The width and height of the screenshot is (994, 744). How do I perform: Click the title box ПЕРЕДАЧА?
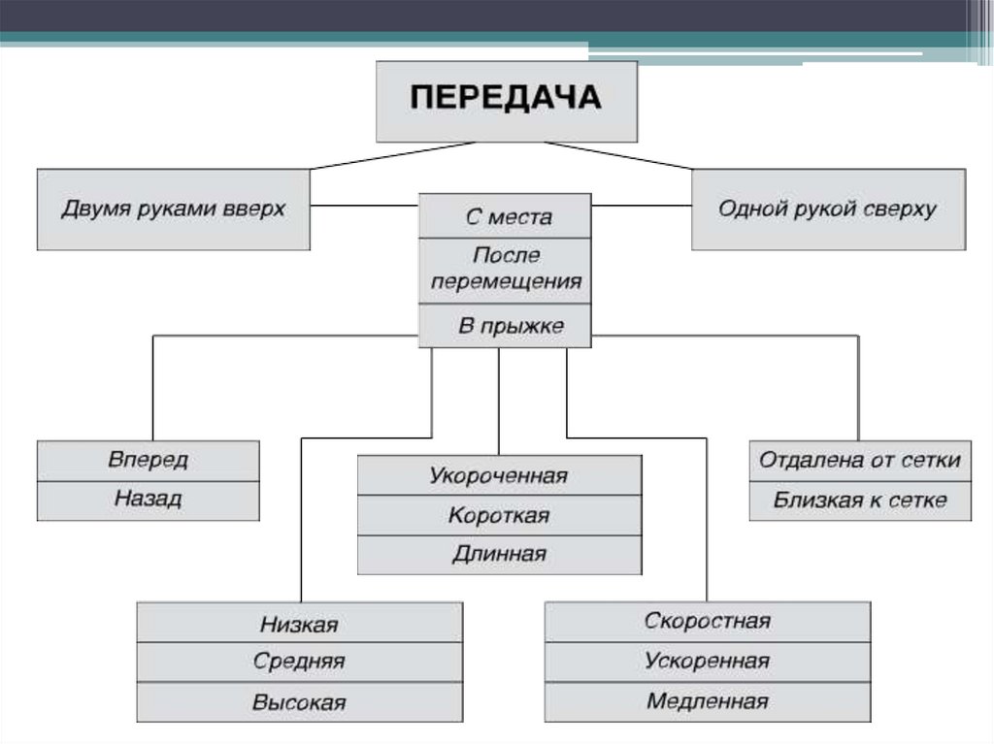[x=506, y=101]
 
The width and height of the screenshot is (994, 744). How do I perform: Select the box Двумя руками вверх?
[x=174, y=210]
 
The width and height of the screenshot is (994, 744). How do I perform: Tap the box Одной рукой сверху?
[x=828, y=210]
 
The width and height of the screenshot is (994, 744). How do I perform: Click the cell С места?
[x=505, y=217]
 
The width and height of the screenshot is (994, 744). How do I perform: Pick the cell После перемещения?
[x=505, y=270]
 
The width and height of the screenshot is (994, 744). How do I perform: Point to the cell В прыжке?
[x=505, y=326]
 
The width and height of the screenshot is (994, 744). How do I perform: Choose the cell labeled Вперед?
[x=149, y=460]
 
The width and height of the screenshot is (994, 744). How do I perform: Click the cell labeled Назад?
[x=149, y=500]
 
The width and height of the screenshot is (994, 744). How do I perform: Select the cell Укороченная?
[x=499, y=475]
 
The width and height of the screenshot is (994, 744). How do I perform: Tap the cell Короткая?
[x=499, y=515]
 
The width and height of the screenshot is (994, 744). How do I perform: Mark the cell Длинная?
[x=499, y=555]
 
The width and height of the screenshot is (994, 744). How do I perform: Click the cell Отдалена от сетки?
[x=860, y=460]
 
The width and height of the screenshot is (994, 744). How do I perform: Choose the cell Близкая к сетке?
[x=860, y=501]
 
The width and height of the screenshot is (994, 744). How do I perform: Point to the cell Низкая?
[x=299, y=624]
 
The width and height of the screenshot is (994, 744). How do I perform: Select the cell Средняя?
[x=299, y=663]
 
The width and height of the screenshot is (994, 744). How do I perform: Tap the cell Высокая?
[x=299, y=702]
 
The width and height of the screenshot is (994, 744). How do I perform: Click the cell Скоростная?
[x=707, y=622]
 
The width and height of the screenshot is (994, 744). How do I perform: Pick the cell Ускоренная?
[x=707, y=662]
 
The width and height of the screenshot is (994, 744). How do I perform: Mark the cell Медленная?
[x=707, y=701]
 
